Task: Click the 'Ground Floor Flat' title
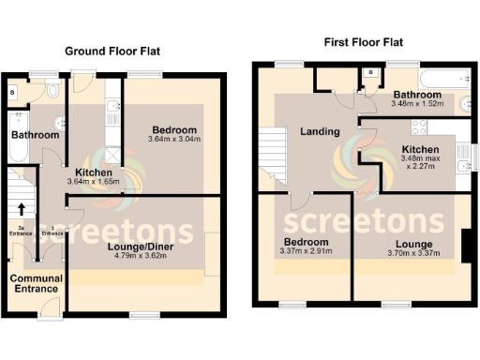[112, 52]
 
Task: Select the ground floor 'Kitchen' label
[95, 173]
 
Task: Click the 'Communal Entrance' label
[37, 284]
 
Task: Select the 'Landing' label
[320, 131]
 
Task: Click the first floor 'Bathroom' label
[417, 95]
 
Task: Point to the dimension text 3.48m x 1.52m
[417, 104]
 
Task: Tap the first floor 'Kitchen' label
[419, 149]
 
